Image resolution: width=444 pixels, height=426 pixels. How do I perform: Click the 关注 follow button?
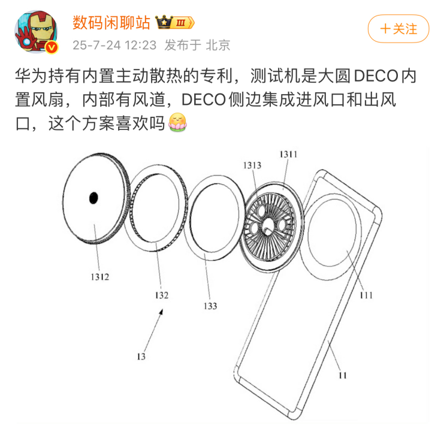398,29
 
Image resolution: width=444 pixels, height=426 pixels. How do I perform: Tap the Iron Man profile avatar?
36,32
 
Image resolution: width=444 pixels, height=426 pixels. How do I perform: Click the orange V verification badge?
52,47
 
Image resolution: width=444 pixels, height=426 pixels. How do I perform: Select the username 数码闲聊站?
111,22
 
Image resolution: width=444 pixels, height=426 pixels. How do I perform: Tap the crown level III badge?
175,22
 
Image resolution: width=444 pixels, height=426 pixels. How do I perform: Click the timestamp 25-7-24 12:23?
114,45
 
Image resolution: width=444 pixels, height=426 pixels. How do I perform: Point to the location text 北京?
218,45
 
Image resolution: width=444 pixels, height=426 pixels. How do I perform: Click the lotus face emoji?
177,122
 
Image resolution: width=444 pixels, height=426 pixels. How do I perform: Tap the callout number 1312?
99,277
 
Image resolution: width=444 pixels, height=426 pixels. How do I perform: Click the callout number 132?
162,295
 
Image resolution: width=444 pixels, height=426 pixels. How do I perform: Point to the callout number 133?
210,306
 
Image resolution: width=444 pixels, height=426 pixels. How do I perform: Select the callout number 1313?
252,165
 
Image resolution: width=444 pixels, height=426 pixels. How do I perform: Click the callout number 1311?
288,154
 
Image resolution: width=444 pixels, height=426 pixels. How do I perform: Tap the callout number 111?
366,295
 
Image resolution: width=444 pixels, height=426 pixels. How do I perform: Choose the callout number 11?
343,375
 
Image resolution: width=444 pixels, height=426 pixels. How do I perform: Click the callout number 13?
141,356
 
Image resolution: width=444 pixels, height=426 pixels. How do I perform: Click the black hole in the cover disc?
93,198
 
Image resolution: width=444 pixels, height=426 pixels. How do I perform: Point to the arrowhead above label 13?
161,312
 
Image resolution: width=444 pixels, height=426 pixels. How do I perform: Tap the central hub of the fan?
267,227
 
